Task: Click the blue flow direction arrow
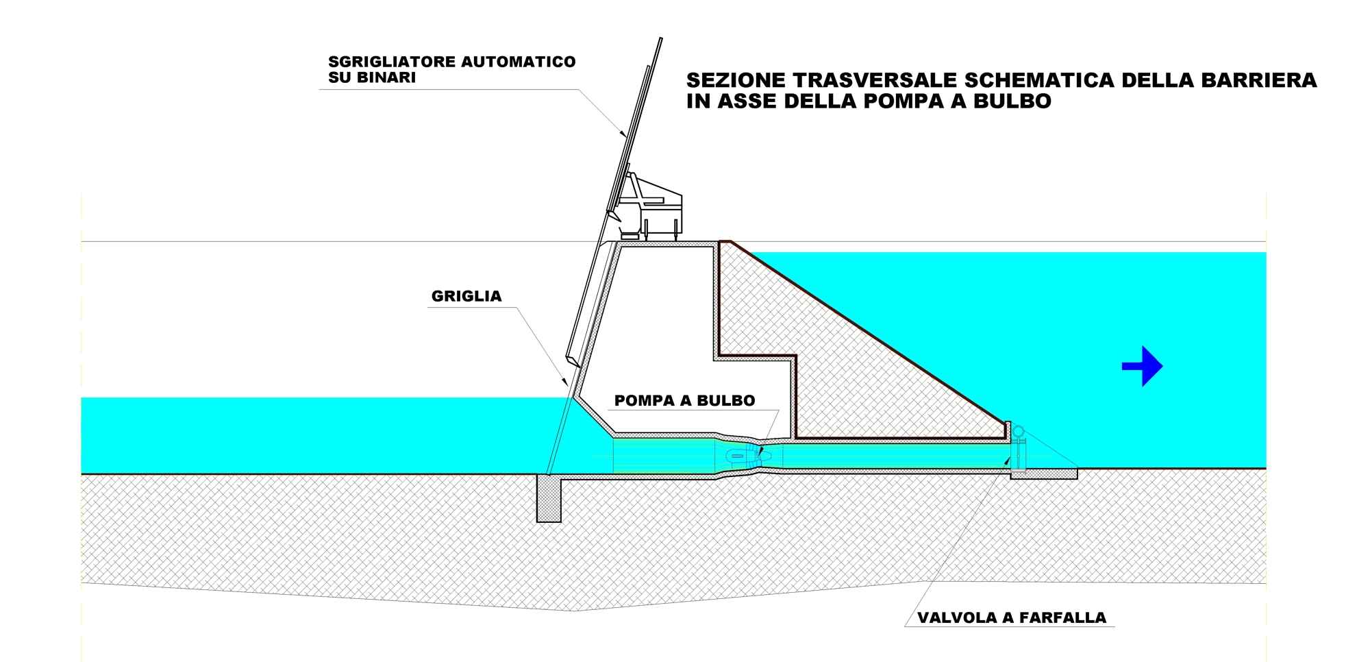coord(1142,366)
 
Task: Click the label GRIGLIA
coord(466,297)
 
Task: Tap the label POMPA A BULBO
coord(685,401)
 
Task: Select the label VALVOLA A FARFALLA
coord(1012,618)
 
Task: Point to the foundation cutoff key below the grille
coord(549,499)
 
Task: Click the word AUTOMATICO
coord(514,62)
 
